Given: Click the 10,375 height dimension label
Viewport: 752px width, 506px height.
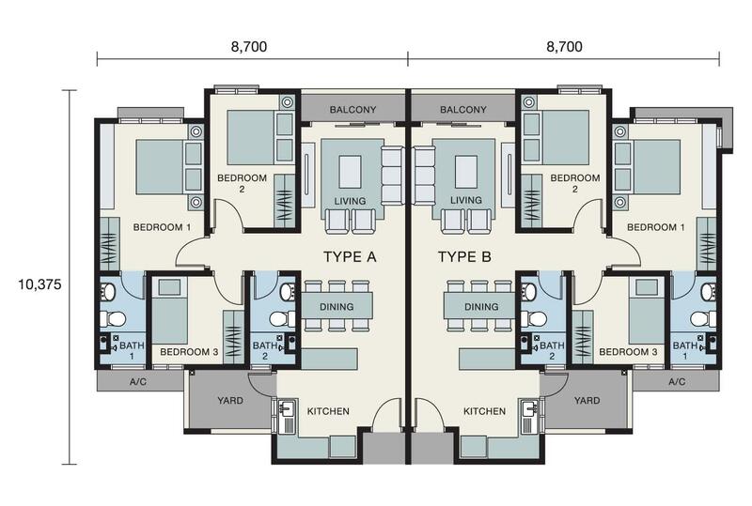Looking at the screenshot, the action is [39, 284].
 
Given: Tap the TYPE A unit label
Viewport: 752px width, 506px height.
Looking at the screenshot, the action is [350, 257].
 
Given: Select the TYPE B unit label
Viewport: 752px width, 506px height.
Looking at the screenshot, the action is [464, 257].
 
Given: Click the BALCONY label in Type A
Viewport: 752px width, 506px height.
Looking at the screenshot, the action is [353, 110].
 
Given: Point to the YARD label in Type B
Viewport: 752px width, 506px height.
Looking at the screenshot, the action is [587, 400].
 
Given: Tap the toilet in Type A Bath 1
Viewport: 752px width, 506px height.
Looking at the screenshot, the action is [113, 318].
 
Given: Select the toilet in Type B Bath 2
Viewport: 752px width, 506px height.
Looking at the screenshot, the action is [534, 317].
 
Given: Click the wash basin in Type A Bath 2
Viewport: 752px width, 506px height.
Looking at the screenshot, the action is [289, 291].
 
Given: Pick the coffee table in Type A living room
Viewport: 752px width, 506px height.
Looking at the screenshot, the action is [350, 171].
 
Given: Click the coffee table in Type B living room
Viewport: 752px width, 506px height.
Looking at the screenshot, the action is [466, 171].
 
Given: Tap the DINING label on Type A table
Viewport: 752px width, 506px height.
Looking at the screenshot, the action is [337, 307].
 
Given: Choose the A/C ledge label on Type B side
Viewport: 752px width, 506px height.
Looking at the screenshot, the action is [677, 382].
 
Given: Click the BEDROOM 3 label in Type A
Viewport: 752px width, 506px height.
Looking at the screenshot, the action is [189, 352].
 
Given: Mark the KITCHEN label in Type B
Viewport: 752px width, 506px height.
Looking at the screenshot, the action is [484, 411].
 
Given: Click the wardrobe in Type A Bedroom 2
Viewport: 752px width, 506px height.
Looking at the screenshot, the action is [285, 201].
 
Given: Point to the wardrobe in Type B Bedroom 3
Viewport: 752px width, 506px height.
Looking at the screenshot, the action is [583, 337].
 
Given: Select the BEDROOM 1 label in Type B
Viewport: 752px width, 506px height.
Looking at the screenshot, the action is [656, 227].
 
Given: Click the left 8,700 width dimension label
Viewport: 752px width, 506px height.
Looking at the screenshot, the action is [249, 47].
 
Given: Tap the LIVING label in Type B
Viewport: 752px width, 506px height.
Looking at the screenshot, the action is [466, 200].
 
